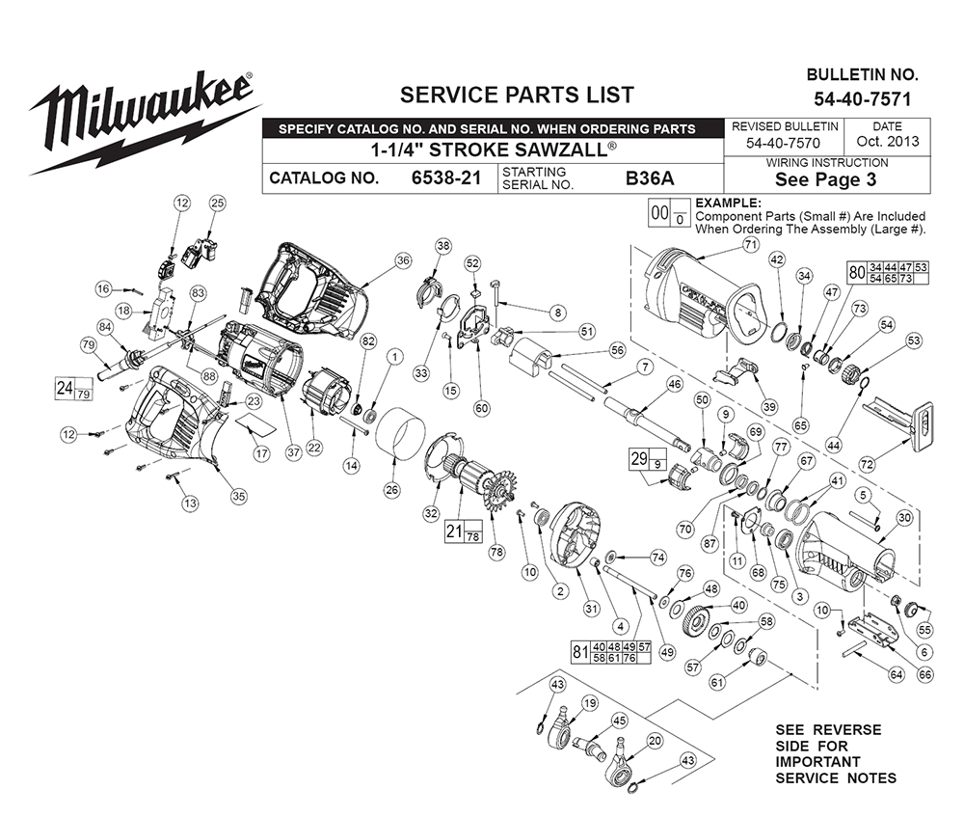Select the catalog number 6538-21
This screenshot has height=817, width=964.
445,178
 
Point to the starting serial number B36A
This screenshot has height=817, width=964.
650,178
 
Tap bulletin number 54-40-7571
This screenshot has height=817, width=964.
863,99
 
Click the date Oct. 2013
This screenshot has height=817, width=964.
888,142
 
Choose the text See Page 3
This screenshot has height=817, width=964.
826,179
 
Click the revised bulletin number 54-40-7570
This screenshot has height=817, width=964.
783,143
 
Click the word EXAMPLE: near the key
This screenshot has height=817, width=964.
728,203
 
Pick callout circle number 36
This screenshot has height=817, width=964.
403,260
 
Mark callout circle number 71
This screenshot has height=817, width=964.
751,245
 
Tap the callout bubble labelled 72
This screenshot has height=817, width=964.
867,464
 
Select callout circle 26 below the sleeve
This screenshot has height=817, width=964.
391,490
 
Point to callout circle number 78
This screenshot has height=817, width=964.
496,553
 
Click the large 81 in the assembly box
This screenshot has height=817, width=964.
580,651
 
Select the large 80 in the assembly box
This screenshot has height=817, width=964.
856,272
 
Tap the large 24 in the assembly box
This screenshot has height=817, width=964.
65,388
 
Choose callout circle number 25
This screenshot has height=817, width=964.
218,203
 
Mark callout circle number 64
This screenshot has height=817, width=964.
897,674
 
